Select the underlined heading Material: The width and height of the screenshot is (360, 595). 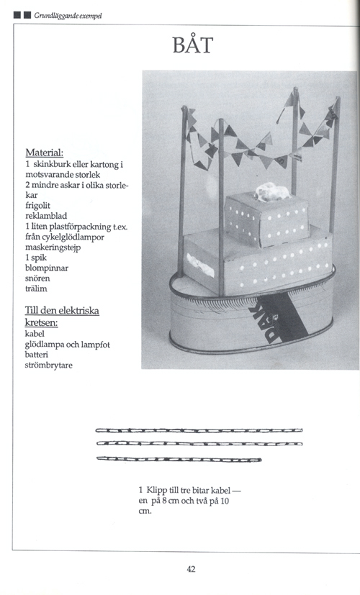(x=45, y=153)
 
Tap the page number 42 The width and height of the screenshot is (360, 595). (x=191, y=568)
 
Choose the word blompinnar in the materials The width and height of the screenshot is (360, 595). (x=45, y=268)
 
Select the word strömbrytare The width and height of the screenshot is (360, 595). (x=50, y=365)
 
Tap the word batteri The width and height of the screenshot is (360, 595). (x=38, y=355)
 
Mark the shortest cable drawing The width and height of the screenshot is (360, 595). (x=179, y=458)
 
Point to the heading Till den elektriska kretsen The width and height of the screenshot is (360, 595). (x=61, y=317)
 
